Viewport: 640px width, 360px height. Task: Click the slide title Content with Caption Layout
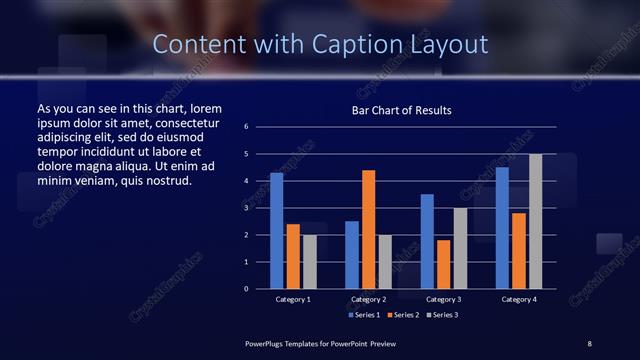pos(320,45)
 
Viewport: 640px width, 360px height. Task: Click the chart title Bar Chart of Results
pos(400,110)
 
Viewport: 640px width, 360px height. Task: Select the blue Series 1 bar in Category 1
pos(277,230)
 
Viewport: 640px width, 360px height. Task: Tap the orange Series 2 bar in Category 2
pos(368,229)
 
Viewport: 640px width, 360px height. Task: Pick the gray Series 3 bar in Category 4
pos(535,221)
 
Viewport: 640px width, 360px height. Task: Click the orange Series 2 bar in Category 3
pos(443,264)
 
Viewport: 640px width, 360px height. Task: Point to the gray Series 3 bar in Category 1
pos(310,261)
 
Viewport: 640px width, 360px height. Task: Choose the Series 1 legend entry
pos(364,314)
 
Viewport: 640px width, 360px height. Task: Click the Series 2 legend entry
pos(402,314)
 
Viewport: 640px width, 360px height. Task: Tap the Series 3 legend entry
pos(440,314)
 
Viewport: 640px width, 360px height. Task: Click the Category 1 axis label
pos(293,299)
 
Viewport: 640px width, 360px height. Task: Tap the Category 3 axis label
pos(443,299)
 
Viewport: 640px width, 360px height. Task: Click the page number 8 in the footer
pos(590,343)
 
